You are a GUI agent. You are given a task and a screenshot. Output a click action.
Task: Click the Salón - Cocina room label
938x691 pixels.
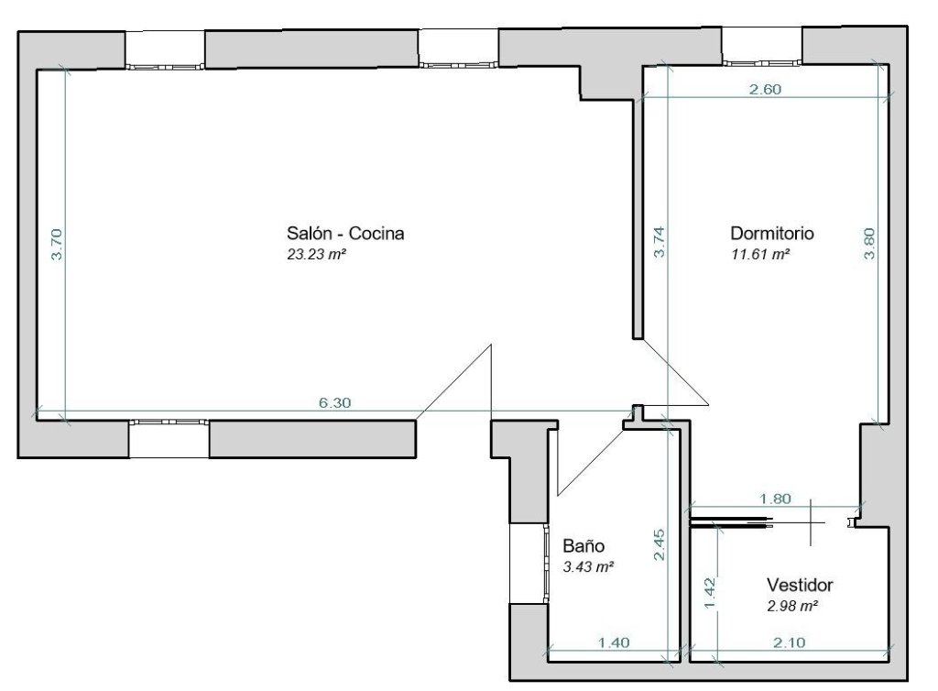click(345, 233)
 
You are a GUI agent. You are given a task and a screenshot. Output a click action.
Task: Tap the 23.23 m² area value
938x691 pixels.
click(317, 254)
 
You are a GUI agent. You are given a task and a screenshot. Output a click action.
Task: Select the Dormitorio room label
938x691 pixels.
click(771, 233)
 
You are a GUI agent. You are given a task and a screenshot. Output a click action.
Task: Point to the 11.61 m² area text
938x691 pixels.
click(760, 254)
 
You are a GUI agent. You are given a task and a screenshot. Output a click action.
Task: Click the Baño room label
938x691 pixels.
click(584, 545)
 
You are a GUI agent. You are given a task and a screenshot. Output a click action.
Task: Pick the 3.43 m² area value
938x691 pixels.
click(588, 566)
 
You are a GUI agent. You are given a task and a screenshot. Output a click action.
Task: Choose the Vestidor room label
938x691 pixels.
click(800, 585)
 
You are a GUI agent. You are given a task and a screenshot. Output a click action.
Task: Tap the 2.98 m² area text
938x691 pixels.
click(792, 606)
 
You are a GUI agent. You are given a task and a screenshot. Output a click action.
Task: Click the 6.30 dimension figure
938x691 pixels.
click(334, 402)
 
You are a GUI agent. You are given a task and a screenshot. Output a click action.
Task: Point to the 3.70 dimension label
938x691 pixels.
click(56, 244)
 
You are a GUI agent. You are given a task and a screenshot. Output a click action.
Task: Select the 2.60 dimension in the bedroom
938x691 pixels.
click(765, 89)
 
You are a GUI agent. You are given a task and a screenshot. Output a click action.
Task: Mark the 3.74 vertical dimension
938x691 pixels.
click(660, 242)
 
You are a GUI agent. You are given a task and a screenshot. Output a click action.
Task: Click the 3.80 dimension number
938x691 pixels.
click(869, 244)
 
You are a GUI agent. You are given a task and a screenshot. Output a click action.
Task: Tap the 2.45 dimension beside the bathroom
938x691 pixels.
click(660, 544)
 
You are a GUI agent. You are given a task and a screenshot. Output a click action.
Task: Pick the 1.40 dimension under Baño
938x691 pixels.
click(614, 642)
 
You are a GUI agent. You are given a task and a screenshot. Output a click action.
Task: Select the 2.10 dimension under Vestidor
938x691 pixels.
click(789, 642)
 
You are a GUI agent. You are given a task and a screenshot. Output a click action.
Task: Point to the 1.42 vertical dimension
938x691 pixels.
click(710, 593)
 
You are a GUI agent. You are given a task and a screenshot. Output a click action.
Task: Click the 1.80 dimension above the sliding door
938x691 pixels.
click(775, 499)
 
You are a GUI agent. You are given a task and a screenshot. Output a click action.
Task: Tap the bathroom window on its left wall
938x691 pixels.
click(546, 563)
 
